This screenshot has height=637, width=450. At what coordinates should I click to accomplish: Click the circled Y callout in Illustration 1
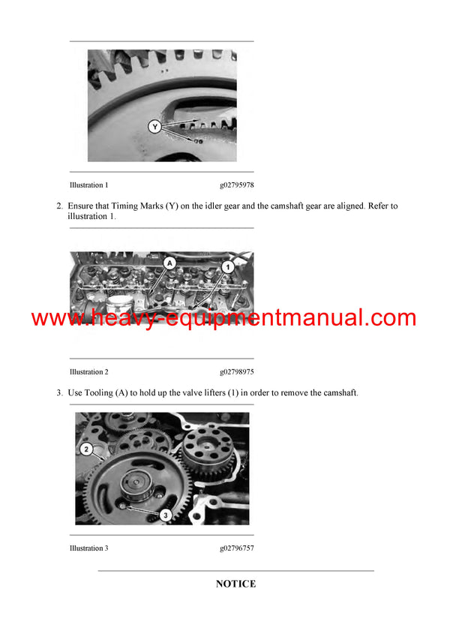(154, 128)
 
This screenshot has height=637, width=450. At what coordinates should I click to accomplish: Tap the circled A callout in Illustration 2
(169, 263)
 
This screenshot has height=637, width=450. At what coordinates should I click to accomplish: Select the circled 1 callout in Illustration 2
(228, 266)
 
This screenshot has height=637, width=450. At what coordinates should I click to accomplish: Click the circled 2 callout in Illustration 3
(87, 449)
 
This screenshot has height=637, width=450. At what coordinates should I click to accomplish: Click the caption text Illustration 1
(88, 185)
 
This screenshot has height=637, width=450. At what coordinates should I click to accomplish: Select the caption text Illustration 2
(88, 371)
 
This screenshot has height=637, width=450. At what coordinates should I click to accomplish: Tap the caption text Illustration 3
(88, 548)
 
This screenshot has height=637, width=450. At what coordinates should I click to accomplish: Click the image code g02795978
(236, 185)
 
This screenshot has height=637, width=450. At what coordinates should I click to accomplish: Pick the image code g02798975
(236, 371)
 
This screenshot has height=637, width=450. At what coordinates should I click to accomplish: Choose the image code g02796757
(236, 548)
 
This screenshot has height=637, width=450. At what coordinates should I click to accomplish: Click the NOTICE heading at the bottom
(235, 584)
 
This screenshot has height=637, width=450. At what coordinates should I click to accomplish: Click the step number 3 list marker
(59, 392)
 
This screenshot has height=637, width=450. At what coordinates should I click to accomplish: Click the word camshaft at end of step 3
(338, 392)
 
